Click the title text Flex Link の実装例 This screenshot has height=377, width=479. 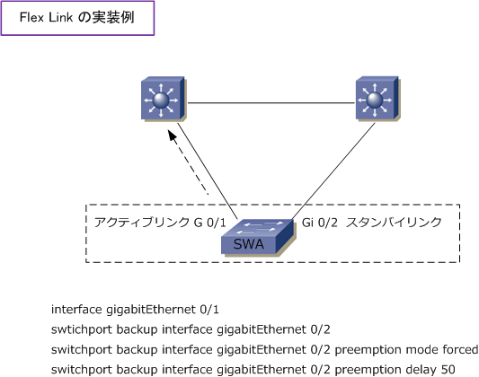click(x=77, y=18)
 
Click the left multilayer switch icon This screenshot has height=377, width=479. click(x=164, y=99)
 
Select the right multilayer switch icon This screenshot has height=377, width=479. click(x=377, y=99)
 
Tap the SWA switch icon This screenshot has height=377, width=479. click(x=257, y=237)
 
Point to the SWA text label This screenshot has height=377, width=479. click(x=249, y=244)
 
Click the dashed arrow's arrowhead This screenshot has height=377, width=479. click(x=173, y=136)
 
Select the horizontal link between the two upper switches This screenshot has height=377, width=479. click(x=271, y=103)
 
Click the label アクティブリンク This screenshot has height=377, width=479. click(x=142, y=223)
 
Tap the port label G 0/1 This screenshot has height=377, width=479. click(x=210, y=223)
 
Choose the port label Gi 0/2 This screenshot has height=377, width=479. click(x=320, y=223)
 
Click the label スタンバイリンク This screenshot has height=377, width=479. click(x=395, y=223)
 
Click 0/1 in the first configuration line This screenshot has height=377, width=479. click(x=209, y=310)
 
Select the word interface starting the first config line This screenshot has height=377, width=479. click(x=76, y=310)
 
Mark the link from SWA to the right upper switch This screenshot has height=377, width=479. click(x=333, y=171)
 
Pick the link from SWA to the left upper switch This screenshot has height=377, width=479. click(x=208, y=171)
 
